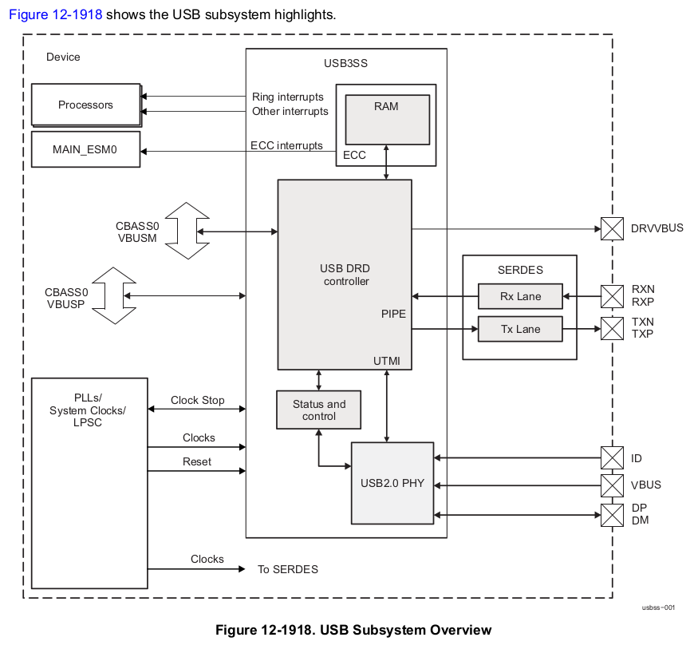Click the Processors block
pyautogui.click(x=85, y=105)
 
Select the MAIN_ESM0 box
pyautogui.click(x=85, y=149)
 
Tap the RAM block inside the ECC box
pyautogui.click(x=386, y=119)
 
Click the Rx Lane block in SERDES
pyautogui.click(x=520, y=296)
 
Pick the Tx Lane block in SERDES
pyautogui.click(x=520, y=329)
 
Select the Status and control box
pyautogui.click(x=319, y=410)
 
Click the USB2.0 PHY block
pyautogui.click(x=392, y=483)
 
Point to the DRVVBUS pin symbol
pyautogui.click(x=612, y=229)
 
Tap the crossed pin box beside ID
pyautogui.click(x=612, y=458)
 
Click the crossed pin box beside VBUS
pyautogui.click(x=612, y=485)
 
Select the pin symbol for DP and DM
pyautogui.click(x=612, y=514)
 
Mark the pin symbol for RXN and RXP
pyautogui.click(x=612, y=296)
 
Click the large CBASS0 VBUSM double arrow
pyautogui.click(x=187, y=231)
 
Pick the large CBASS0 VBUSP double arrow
pyautogui.click(x=115, y=295)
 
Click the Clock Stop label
pyautogui.click(x=198, y=400)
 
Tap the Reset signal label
pyautogui.click(x=197, y=461)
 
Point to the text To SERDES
pyautogui.click(x=287, y=569)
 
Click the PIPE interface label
pyautogui.click(x=393, y=314)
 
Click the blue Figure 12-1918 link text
pyautogui.click(x=56, y=14)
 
